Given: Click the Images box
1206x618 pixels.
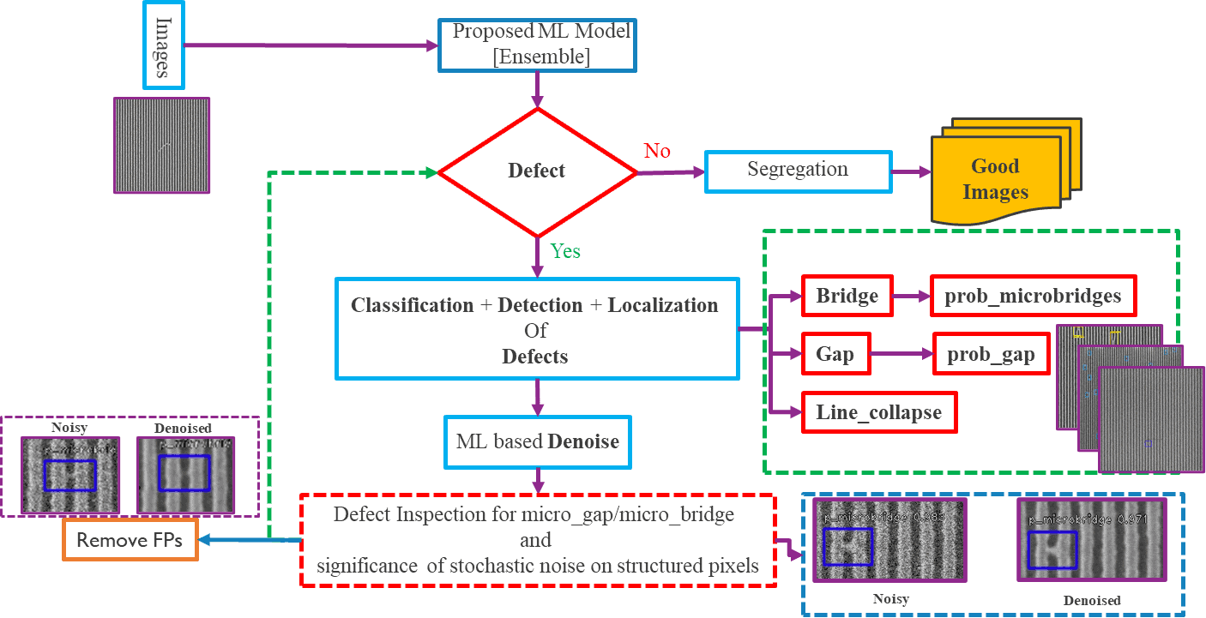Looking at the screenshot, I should click(163, 45).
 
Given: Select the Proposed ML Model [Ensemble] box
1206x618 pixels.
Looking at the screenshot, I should click(537, 45).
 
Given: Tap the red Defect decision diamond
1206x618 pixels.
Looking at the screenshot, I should click(537, 171).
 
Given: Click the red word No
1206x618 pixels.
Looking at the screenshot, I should click(657, 151).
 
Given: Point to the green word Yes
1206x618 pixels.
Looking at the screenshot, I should click(564, 251).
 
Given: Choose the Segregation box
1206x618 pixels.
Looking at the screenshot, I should click(798, 171).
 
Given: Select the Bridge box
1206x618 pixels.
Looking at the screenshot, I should click(847, 297).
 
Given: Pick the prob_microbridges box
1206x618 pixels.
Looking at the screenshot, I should click(1033, 297).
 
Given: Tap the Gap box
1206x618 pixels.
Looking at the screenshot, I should click(835, 354).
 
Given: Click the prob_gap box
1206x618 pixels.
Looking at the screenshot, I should click(991, 354).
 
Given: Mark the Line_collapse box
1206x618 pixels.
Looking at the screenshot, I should click(879, 412).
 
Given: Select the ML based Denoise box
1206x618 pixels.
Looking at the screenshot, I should click(537, 441).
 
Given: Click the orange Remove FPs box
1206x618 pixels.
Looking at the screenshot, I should click(130, 540).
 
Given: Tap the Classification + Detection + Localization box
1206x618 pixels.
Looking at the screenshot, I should click(537, 329).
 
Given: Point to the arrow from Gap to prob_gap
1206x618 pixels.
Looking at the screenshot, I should click(901, 354).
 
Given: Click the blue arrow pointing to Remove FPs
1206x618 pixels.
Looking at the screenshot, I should click(249, 540).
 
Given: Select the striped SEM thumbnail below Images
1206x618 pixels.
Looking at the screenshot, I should click(162, 145).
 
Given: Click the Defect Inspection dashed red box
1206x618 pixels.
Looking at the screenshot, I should click(537, 540).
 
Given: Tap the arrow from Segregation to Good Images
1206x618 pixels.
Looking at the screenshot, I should click(911, 171).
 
